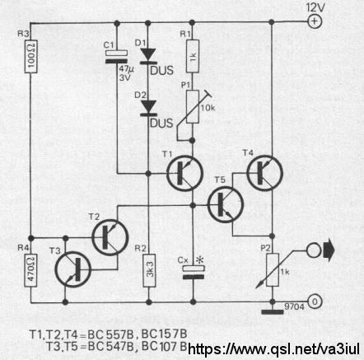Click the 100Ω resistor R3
click(x=31, y=57)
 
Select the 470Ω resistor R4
click(x=30, y=270)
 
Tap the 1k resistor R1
click(x=193, y=56)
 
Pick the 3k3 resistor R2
click(x=149, y=271)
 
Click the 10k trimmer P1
click(x=193, y=107)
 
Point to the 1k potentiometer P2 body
click(x=273, y=270)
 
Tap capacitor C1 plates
click(x=117, y=57)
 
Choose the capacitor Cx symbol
click(x=194, y=273)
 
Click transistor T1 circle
click(x=184, y=173)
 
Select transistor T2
click(x=110, y=237)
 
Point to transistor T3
click(x=73, y=269)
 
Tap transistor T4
click(x=264, y=173)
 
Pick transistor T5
click(x=226, y=204)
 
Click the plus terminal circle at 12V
click(x=315, y=21)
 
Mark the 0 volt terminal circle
click(x=315, y=302)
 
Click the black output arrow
click(x=329, y=250)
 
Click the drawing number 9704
click(x=294, y=306)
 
